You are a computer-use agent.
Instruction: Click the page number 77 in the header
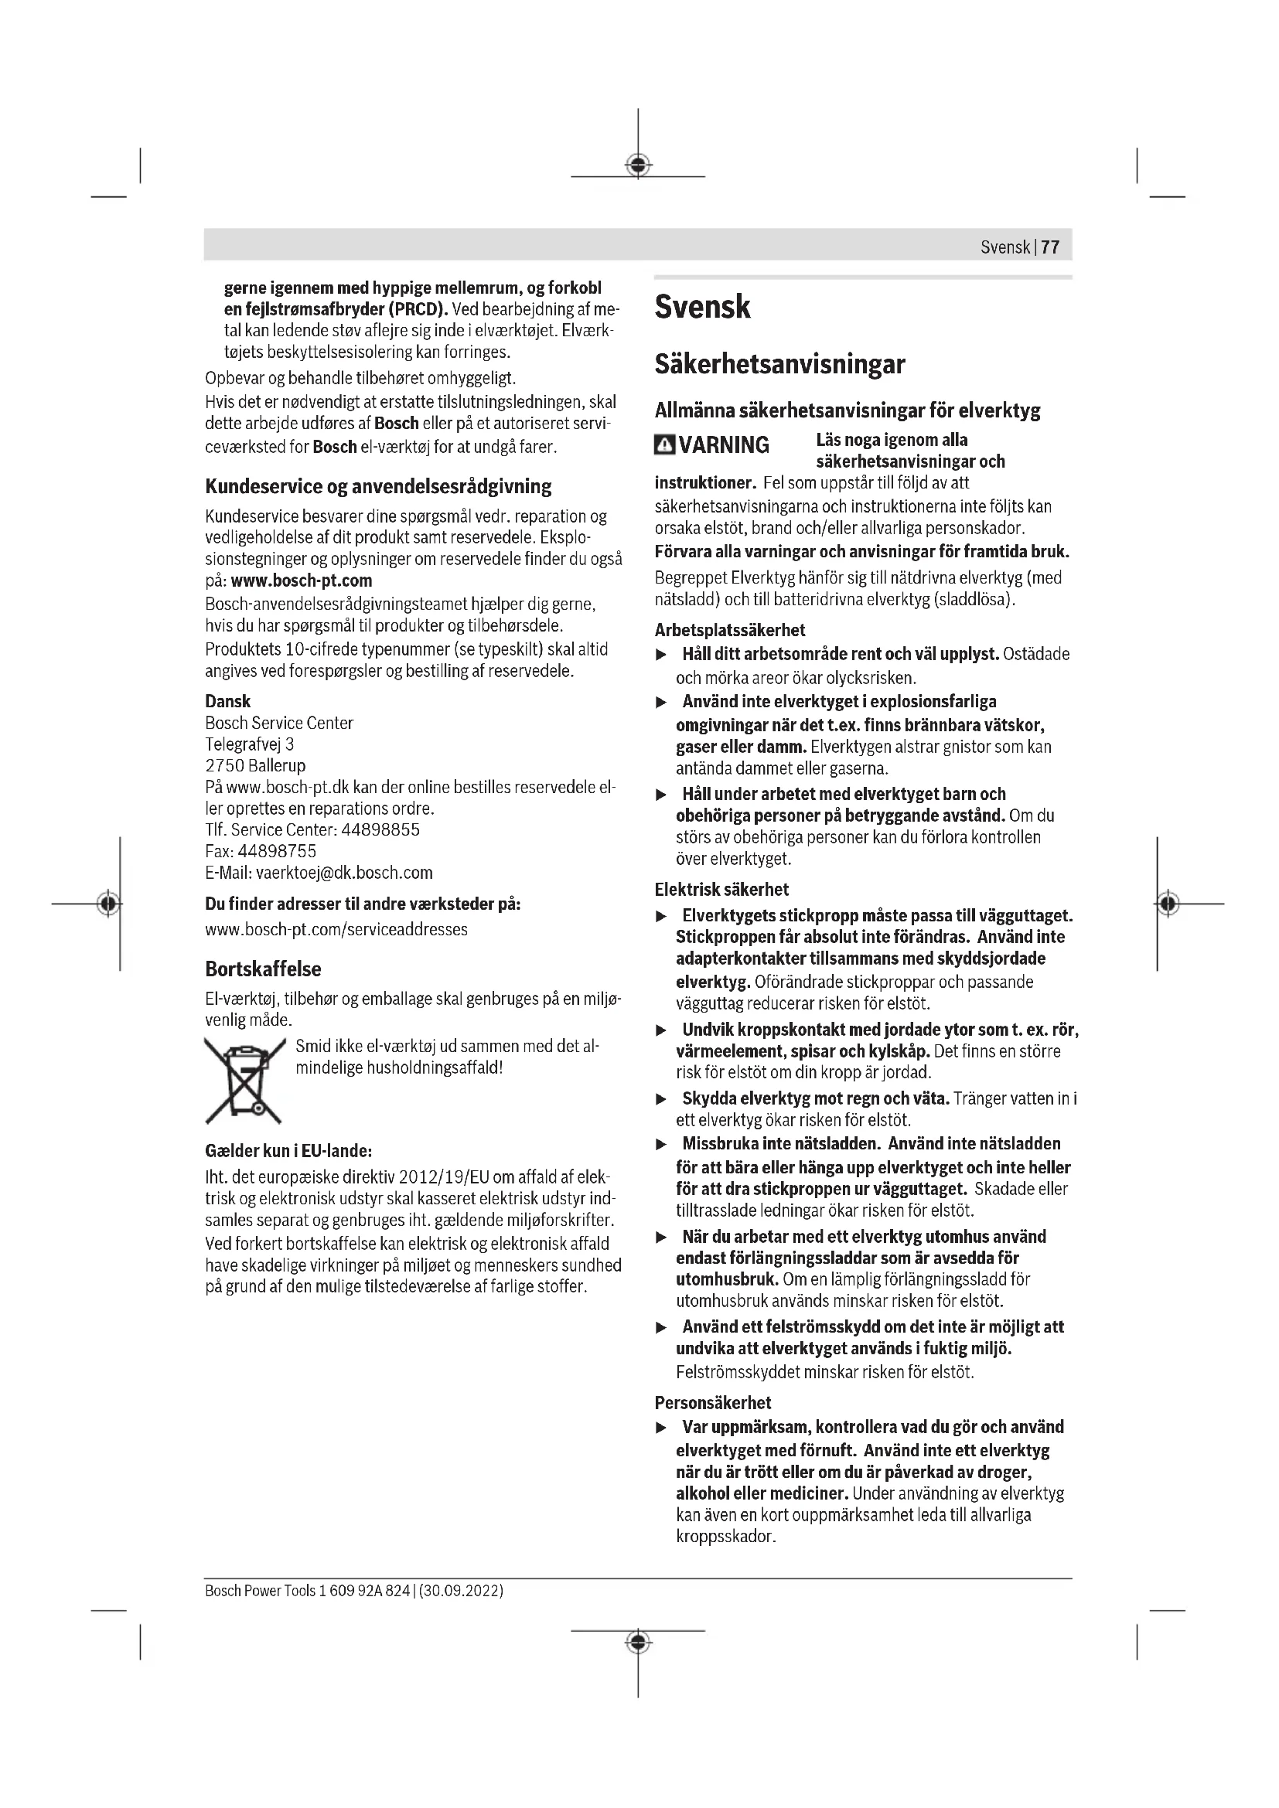pos(1050,247)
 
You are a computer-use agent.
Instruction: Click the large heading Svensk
pos(701,307)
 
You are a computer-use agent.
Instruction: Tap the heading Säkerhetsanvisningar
pos(779,365)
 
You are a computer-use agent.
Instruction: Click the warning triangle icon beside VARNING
pos(664,446)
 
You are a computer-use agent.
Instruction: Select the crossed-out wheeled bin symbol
pos(244,1080)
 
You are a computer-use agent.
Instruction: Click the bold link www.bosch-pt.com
pos(301,581)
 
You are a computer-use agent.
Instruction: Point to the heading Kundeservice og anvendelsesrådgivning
pos(378,487)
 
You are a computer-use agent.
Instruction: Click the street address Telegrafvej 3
pos(250,744)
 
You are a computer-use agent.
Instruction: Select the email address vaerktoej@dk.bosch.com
pos(343,873)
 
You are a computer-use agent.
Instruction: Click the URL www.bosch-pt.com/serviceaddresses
pos(336,929)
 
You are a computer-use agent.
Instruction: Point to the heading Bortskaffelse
pos(263,969)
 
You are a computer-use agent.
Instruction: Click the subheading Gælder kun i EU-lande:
pos(288,1151)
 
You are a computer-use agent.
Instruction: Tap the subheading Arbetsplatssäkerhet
pos(730,630)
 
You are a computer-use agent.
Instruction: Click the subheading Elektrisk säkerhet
pos(721,890)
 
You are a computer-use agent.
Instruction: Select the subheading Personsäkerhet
pos(713,1402)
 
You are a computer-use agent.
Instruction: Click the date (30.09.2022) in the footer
pos(462,1591)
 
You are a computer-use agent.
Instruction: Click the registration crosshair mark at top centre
pos(638,165)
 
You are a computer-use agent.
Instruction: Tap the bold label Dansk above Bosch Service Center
pos(227,701)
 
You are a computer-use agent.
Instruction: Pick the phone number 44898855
pos(380,830)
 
